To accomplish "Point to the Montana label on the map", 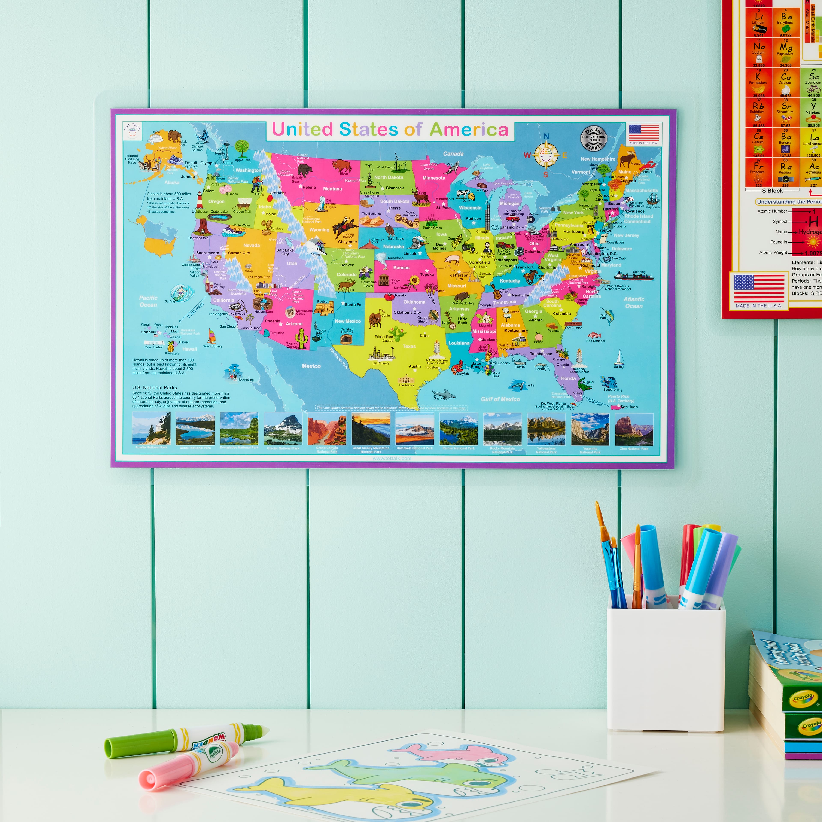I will click(332, 188).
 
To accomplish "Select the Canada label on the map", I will click(453, 154).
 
